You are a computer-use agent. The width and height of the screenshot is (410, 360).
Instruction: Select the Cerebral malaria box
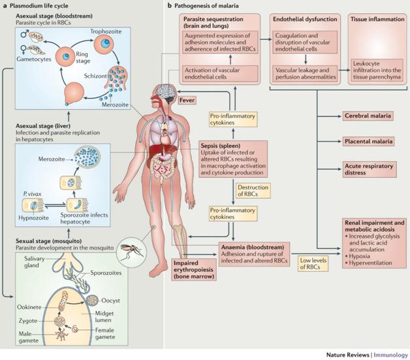click(367, 116)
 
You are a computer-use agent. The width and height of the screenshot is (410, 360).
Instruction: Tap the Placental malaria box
click(368, 140)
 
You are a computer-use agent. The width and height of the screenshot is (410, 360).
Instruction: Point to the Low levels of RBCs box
click(311, 263)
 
